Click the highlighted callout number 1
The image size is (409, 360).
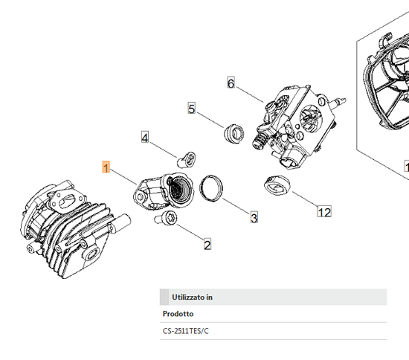tap(106, 167)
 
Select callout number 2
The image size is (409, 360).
tap(207, 245)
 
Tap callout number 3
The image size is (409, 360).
tap(254, 217)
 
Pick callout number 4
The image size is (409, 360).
tap(145, 137)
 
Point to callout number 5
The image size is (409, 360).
tap(192, 109)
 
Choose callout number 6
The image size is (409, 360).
tap(231, 83)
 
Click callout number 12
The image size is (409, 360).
tap(324, 211)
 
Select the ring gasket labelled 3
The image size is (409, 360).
tap(211, 188)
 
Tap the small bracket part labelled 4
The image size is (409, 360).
tap(186, 160)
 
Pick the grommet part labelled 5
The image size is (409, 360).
tap(234, 133)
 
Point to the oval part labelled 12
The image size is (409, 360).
tap(277, 185)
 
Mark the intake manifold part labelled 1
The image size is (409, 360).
tap(164, 191)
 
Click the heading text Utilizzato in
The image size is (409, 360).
tap(192, 297)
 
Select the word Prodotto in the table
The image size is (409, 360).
tap(178, 314)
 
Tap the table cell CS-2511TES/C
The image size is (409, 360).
tap(186, 331)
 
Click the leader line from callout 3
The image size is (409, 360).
tap(236, 206)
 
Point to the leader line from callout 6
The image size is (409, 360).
tap(250, 94)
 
